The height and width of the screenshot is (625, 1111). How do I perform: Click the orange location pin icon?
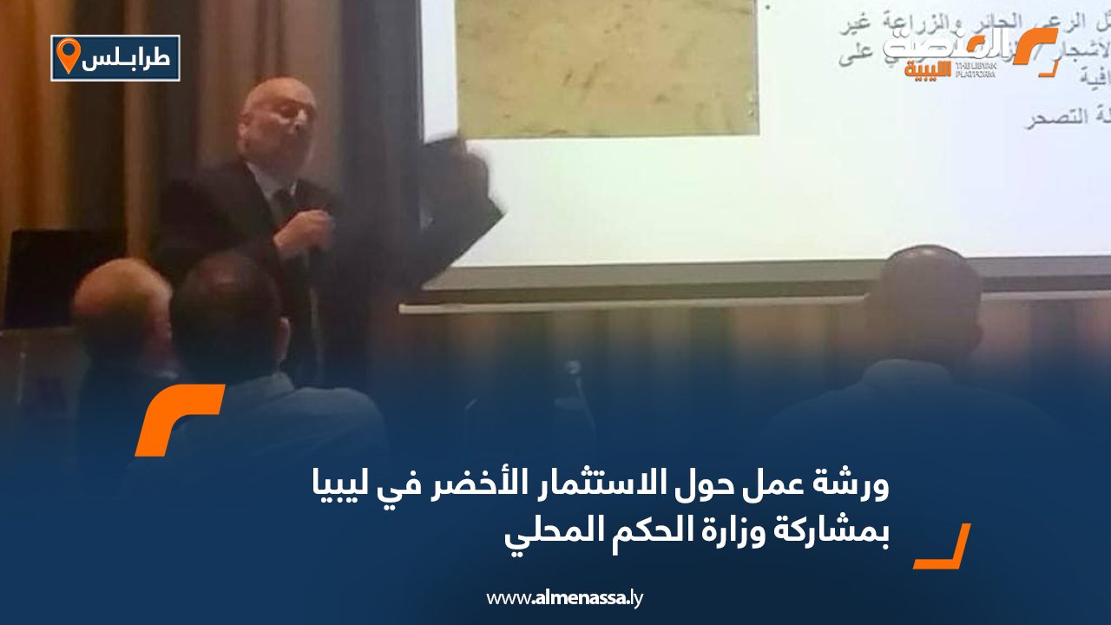(68, 56)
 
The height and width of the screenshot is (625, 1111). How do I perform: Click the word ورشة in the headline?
(858, 489)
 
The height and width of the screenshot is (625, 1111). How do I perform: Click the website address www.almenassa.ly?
(564, 598)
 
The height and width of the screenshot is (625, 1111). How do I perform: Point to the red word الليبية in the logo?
(927, 69)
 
